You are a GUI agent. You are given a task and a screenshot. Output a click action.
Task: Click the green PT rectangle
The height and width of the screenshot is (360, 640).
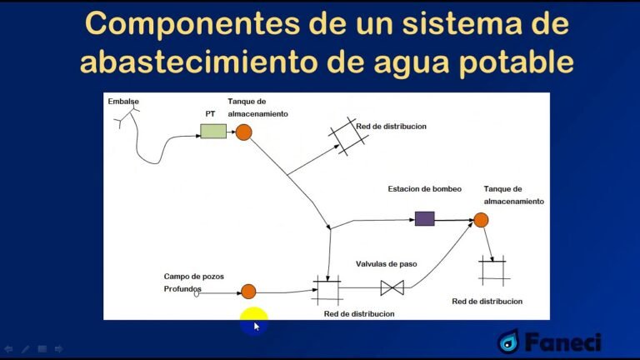point(212,131)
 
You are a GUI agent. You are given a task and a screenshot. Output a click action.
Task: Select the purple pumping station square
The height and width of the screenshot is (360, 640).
point(424,218)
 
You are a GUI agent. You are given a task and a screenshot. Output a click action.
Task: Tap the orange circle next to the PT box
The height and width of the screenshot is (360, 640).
point(243,132)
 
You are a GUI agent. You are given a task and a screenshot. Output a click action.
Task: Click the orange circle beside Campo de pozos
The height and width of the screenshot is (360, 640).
point(248,291)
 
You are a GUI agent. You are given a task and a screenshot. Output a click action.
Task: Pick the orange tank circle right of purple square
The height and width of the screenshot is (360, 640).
point(480,220)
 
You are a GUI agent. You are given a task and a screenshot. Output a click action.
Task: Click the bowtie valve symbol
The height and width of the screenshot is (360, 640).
point(392,287)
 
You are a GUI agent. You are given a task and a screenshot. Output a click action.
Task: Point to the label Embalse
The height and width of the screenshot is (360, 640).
point(123,102)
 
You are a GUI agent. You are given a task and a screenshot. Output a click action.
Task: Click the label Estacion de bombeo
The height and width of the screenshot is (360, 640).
point(424,189)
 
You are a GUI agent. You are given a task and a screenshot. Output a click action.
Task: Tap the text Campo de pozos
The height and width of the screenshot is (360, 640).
point(193,276)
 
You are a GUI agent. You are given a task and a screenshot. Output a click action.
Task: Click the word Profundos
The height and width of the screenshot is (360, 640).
point(183,289)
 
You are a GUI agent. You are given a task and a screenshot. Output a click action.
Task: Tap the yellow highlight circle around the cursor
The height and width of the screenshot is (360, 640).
point(253,321)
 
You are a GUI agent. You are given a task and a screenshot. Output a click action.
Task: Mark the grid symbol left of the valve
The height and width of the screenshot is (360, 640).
point(326,289)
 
